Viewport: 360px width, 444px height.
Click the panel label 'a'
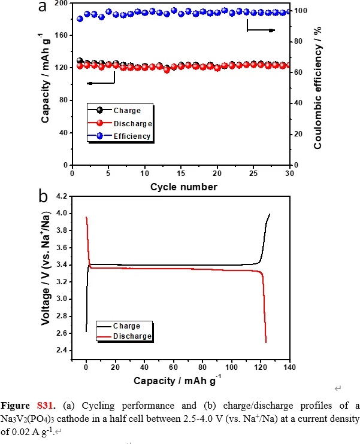tap(43, 8)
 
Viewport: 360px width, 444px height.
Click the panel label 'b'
tap(43, 196)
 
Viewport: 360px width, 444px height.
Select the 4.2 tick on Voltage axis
tap(62, 196)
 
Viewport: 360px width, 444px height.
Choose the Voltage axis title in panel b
tap(45, 278)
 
